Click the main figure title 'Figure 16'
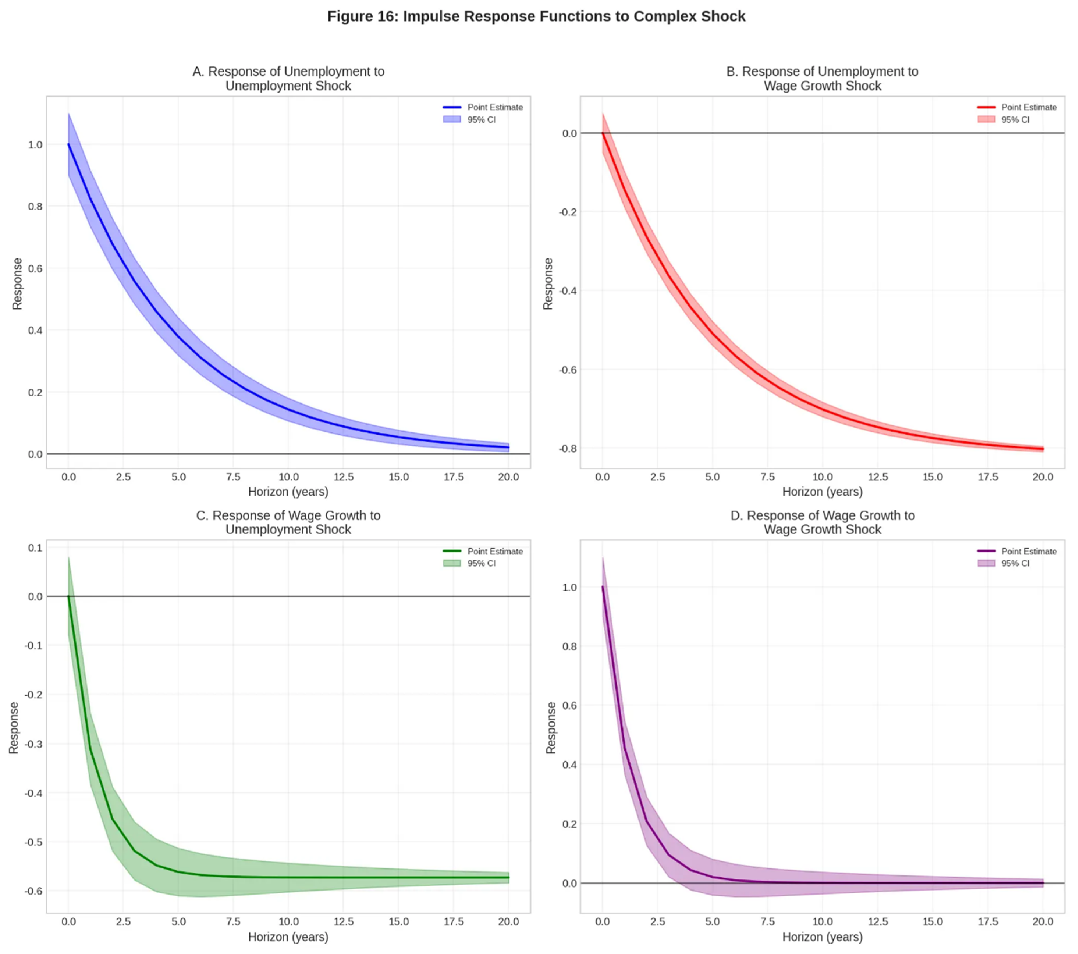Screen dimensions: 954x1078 coord(536,16)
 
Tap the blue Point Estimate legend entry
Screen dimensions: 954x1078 coord(483,107)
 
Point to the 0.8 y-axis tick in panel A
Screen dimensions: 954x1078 coord(35,206)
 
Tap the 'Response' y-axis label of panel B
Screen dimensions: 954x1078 coord(548,283)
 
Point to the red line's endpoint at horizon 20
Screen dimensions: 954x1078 coord(1043,449)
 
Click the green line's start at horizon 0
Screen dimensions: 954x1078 coord(69,597)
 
